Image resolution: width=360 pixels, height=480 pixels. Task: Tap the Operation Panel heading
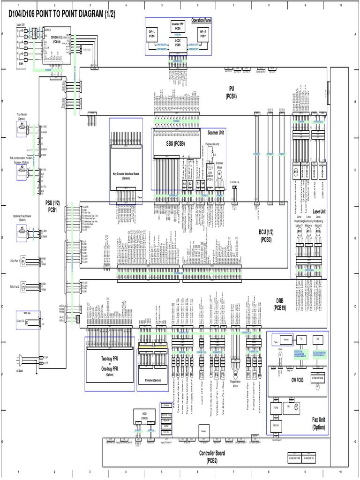coord(201,21)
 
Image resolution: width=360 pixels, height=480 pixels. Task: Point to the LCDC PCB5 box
coord(178,43)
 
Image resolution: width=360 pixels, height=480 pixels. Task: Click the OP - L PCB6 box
coord(152,34)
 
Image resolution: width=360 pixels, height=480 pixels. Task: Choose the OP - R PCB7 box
coord(203,34)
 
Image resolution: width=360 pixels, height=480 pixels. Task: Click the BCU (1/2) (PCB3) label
coord(269,235)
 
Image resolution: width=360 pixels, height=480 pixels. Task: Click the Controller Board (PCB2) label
coord(212,457)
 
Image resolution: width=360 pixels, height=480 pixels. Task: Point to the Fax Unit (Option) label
coord(318,423)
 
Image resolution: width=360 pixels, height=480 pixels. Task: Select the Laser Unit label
coord(319,212)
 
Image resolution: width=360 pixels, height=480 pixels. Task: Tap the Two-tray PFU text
coord(109,359)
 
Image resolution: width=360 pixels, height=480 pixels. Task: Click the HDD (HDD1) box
coord(144,415)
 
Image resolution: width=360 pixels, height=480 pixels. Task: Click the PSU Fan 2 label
coord(15,286)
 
